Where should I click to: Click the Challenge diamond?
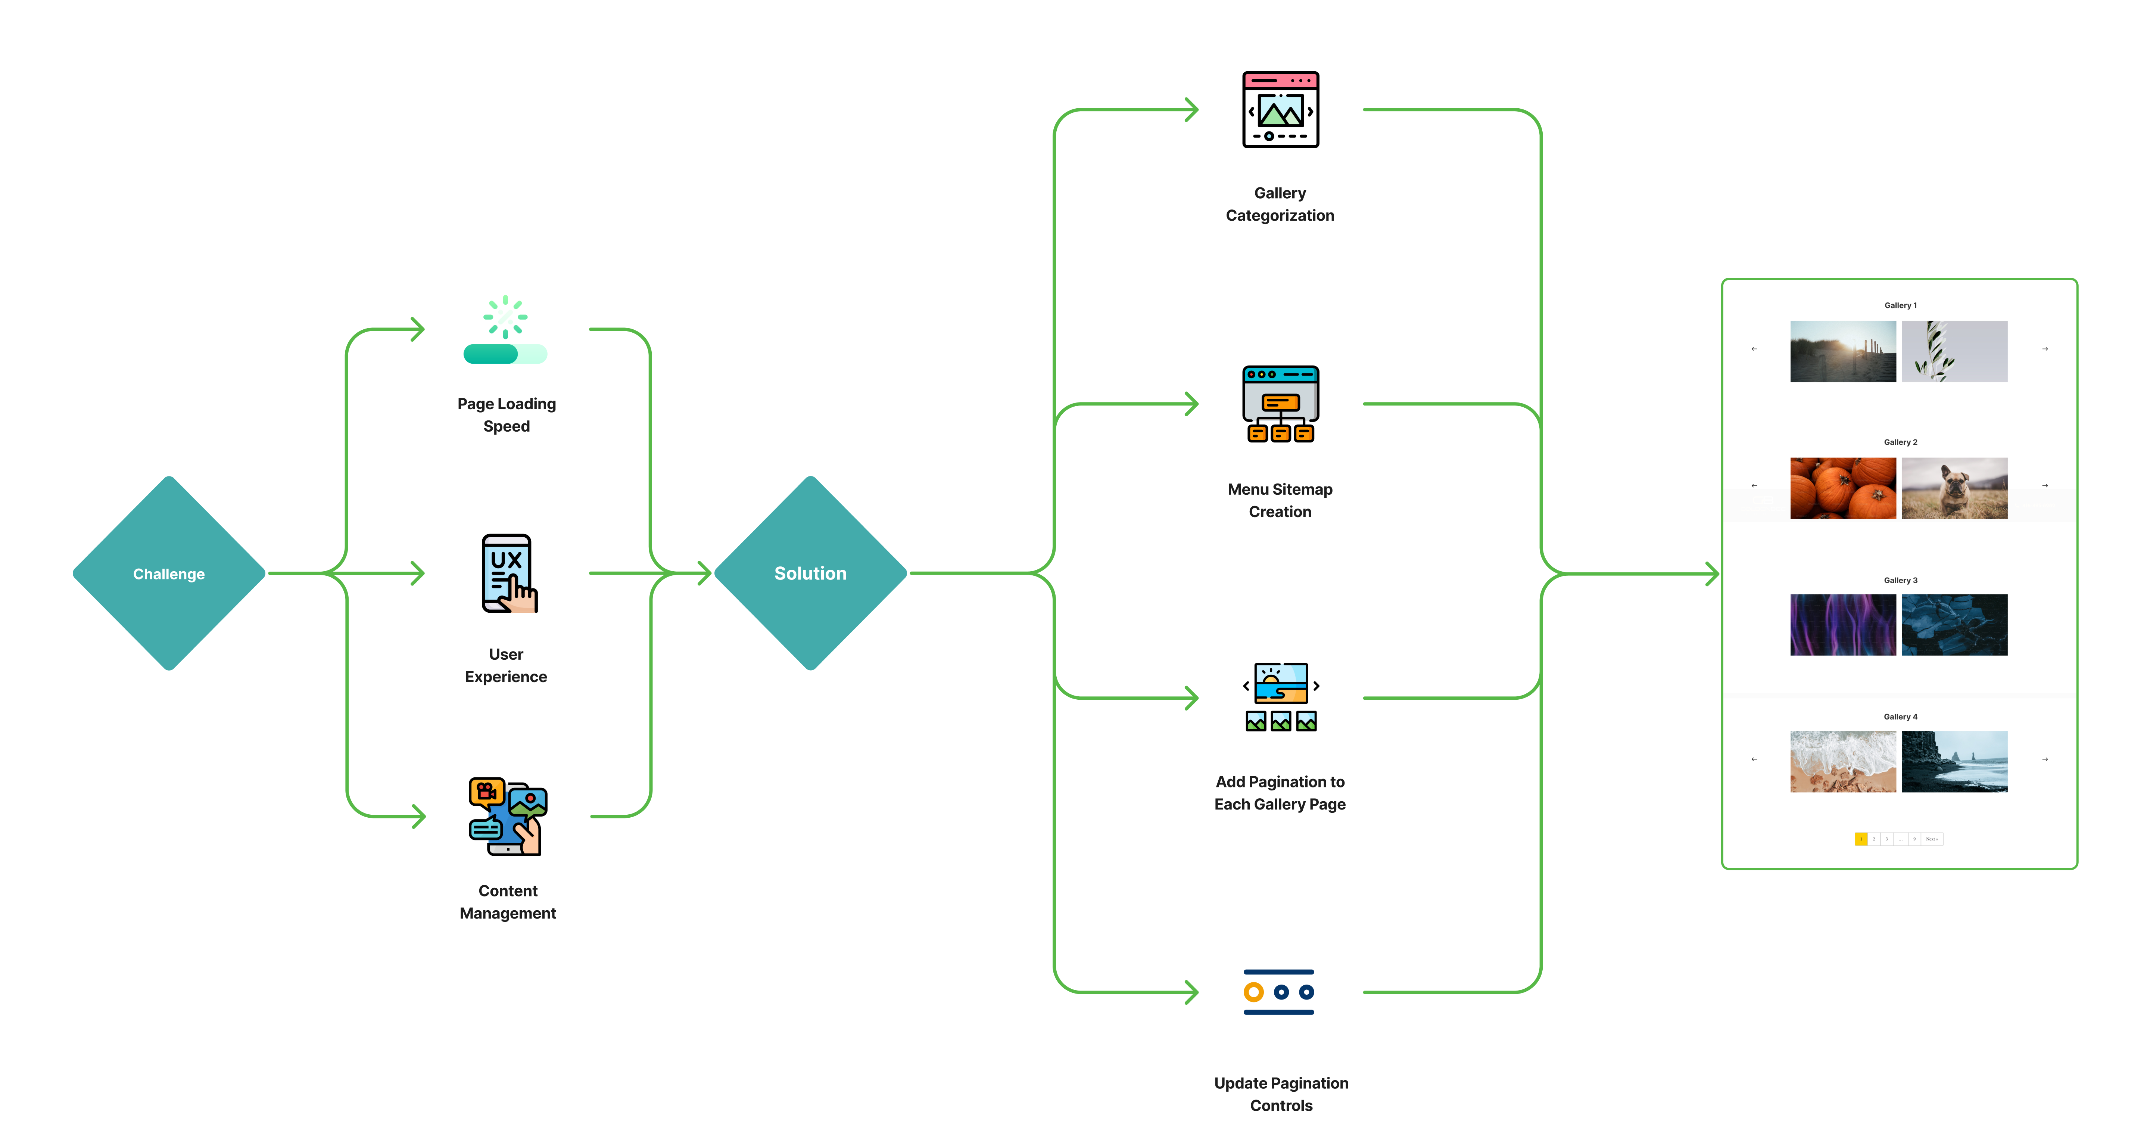tap(169, 573)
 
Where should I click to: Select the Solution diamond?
tap(810, 573)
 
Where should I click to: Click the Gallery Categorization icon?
tap(1280, 109)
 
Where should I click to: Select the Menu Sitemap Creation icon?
tap(1280, 404)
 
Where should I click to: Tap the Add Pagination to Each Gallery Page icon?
tap(1280, 697)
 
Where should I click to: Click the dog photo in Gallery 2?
tap(1954, 488)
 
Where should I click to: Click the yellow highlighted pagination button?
tap(1860, 839)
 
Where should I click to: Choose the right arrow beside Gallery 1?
tap(2045, 349)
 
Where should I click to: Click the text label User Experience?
tap(506, 665)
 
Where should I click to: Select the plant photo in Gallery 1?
tap(1954, 351)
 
